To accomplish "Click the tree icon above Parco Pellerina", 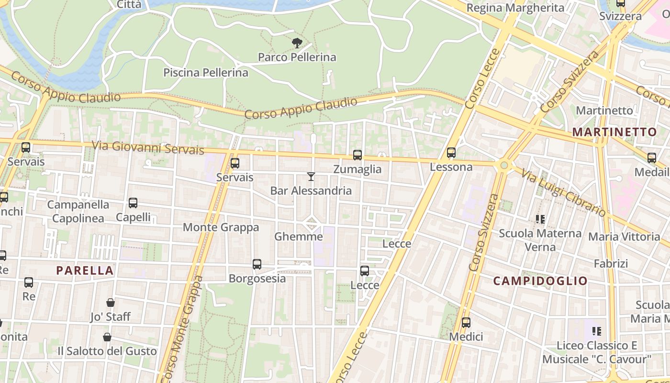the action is point(297,43).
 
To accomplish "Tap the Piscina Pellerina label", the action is point(206,73).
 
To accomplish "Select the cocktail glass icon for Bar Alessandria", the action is point(311,177).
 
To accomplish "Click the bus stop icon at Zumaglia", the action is point(357,155).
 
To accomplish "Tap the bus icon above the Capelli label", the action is point(133,203).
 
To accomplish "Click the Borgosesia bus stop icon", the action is point(257,264).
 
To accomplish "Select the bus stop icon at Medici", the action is point(466,323).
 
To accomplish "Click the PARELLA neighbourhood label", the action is point(85,270).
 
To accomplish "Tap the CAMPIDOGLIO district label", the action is point(540,281).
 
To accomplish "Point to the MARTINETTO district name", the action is point(614,132).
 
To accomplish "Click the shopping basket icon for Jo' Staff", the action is point(111,303).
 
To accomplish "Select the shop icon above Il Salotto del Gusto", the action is point(107,337).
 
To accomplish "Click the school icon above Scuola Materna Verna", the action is point(540,219).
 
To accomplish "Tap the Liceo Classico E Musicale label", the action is point(597,352).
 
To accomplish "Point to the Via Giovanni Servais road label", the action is point(148,147).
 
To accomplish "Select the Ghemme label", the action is point(298,237).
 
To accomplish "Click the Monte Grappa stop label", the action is point(221,227).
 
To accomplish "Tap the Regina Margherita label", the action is point(508,8).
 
